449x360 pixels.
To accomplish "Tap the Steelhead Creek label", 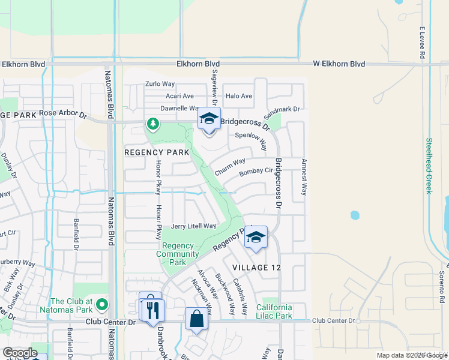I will pyautogui.click(x=429, y=166).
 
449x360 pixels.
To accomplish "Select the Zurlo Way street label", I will pyautogui.click(x=160, y=85).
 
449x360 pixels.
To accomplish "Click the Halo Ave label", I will pyautogui.click(x=239, y=96).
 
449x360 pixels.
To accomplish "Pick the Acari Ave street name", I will pyautogui.click(x=179, y=96).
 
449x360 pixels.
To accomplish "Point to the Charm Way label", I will pyautogui.click(x=231, y=166).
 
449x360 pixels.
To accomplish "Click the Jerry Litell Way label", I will pyautogui.click(x=193, y=226).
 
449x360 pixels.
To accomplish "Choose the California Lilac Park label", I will pyautogui.click(x=274, y=311).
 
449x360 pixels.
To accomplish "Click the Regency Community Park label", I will pyautogui.click(x=178, y=254).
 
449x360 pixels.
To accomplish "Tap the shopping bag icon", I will pyautogui.click(x=197, y=319).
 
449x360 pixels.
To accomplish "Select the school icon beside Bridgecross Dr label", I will pyautogui.click(x=209, y=118).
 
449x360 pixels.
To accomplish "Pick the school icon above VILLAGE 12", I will pyautogui.click(x=256, y=237).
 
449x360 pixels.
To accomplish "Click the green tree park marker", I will pyautogui.click(x=153, y=124).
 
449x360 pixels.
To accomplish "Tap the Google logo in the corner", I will pyautogui.click(x=20, y=353).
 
